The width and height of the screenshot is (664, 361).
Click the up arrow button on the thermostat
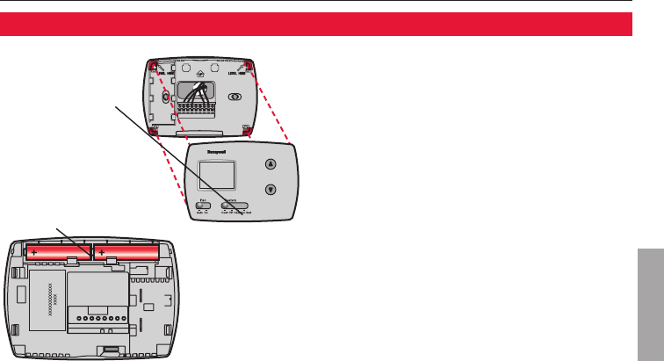click(271, 164)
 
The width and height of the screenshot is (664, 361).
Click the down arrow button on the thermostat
click(271, 189)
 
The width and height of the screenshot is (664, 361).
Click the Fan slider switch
click(203, 207)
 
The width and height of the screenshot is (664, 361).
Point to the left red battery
click(58, 253)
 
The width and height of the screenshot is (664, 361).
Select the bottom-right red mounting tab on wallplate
click(249, 132)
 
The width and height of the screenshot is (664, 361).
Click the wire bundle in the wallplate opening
click(205, 90)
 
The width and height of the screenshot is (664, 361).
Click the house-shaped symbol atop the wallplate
click(201, 73)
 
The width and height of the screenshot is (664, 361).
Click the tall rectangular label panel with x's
click(43, 298)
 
